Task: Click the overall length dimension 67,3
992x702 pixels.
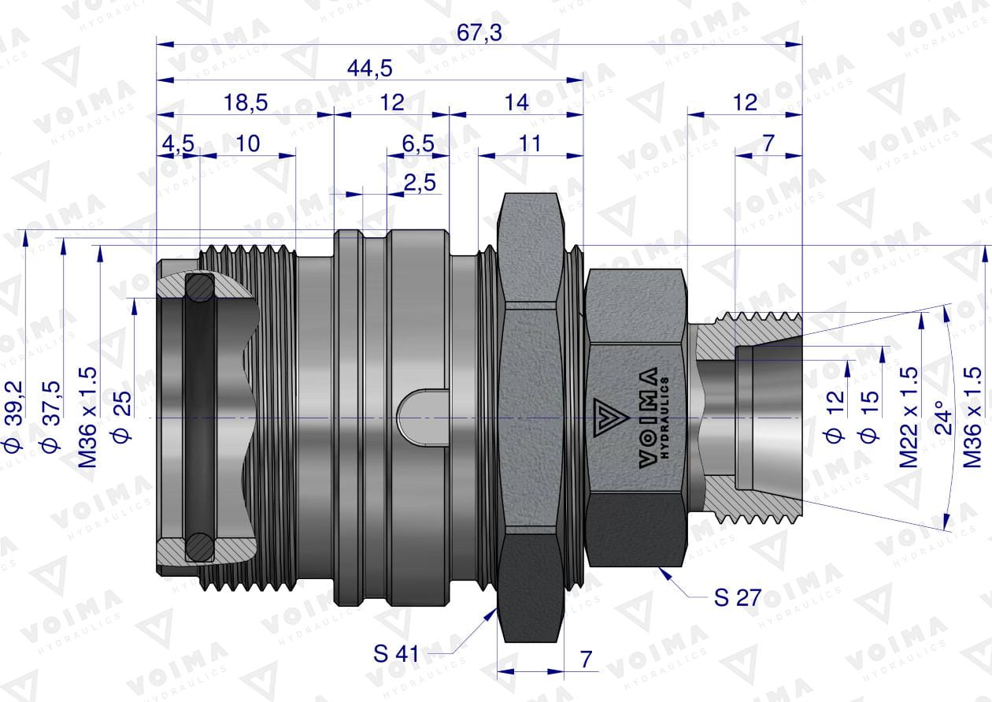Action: pos(479,33)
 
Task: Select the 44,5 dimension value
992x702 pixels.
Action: pos(370,69)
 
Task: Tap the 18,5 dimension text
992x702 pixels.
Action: pos(246,102)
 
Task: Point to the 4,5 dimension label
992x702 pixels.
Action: pos(178,144)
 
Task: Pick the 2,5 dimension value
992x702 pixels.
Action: pos(420,183)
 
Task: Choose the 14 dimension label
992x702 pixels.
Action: pos(516,102)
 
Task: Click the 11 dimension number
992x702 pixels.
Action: pos(530,144)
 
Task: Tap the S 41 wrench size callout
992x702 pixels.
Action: pos(396,654)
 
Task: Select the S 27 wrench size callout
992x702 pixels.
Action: pos(738,597)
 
